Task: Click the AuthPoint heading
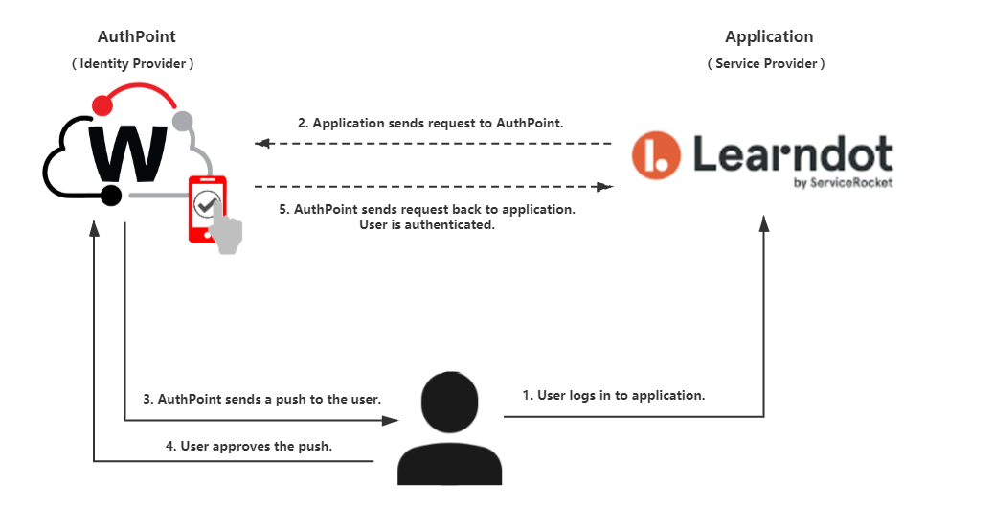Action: coord(136,36)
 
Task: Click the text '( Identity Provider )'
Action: coord(132,63)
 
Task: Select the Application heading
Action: coord(769,37)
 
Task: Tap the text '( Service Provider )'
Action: coord(766,63)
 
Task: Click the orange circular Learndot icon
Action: coord(656,155)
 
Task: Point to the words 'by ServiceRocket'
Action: coord(843,183)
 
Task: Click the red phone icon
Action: coord(207,209)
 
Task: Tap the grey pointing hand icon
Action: coord(225,228)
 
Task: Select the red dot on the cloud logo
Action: coord(102,104)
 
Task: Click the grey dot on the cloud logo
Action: coord(183,121)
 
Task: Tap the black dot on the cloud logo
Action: coord(111,196)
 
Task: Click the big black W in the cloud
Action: coord(128,153)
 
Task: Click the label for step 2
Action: coord(430,123)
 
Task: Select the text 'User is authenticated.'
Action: coord(427,224)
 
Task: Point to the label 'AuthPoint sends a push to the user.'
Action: coord(269,399)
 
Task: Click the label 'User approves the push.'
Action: coord(256,446)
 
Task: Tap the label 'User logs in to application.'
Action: coord(621,395)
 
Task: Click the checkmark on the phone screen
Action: coord(205,204)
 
